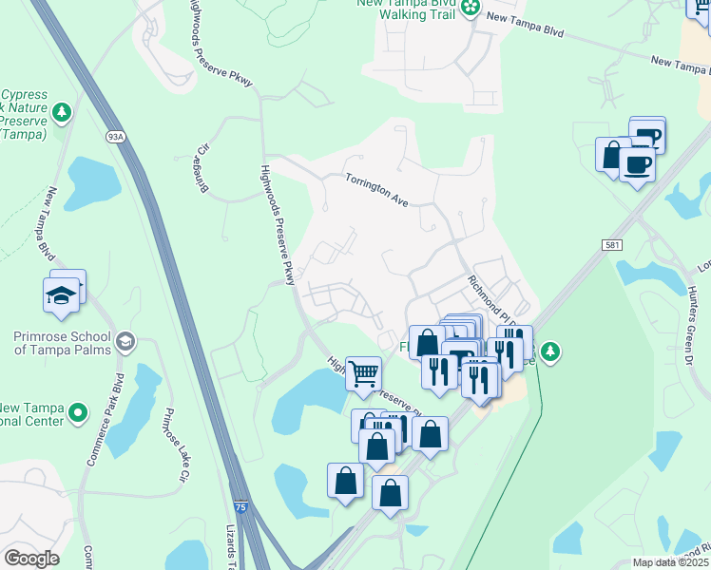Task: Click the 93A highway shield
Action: (x=116, y=137)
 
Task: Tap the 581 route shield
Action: (x=612, y=245)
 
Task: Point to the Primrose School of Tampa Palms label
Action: (x=63, y=342)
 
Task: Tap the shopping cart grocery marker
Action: (x=363, y=373)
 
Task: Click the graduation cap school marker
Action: (x=61, y=294)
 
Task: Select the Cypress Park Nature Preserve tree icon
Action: (x=63, y=113)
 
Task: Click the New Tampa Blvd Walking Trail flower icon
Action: (x=470, y=9)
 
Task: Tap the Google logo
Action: (x=31, y=559)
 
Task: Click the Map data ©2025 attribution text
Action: (x=670, y=562)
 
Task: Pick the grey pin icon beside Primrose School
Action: (x=124, y=341)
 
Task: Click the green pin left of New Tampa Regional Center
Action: (x=79, y=414)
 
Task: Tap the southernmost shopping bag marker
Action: (x=390, y=493)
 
